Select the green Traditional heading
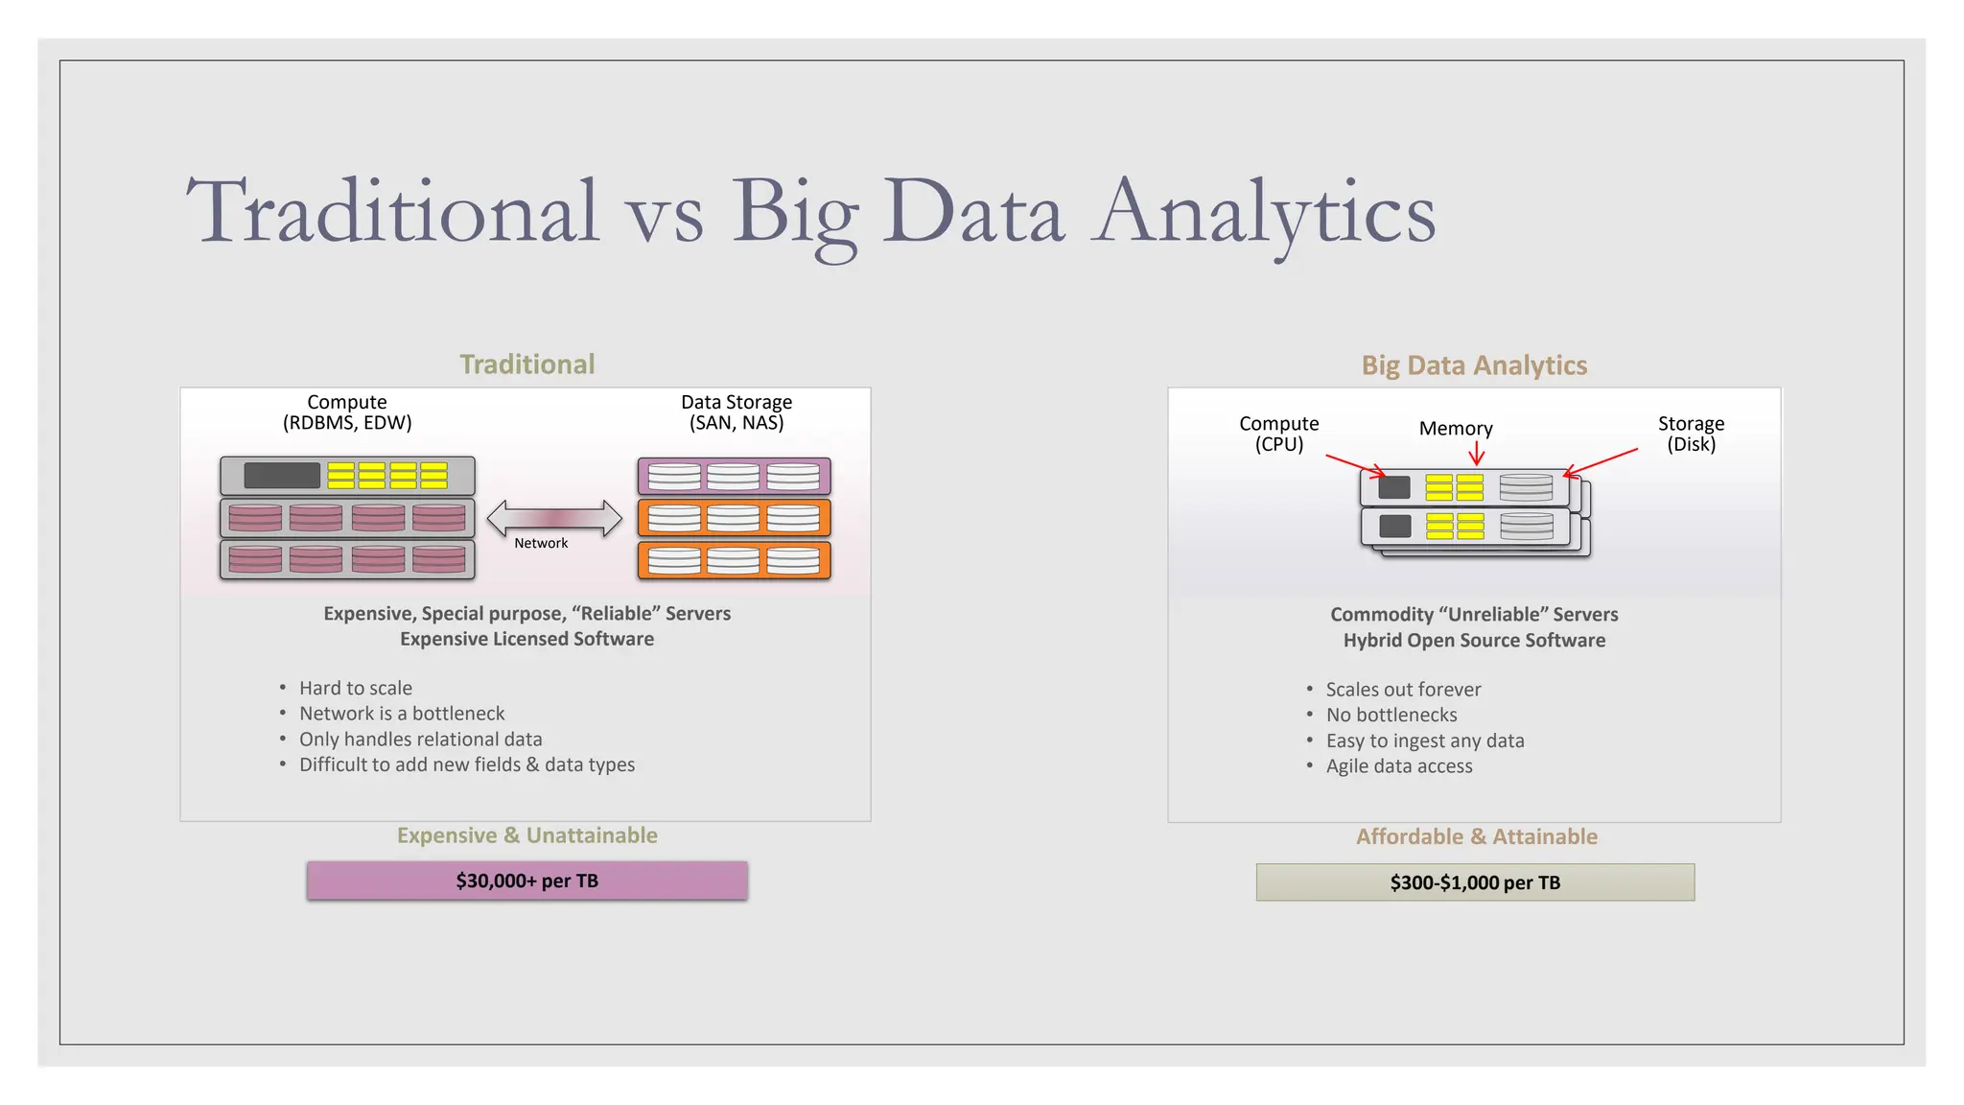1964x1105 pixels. pyautogui.click(x=527, y=364)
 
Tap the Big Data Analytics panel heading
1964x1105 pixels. pyautogui.click(x=1474, y=365)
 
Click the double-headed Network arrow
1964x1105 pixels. pyautogui.click(x=554, y=518)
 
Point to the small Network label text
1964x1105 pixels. pyautogui.click(x=541, y=543)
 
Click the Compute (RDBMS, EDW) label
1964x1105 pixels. pyautogui.click(x=347, y=412)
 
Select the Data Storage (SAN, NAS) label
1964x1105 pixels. pyautogui.click(x=736, y=412)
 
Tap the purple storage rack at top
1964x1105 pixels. pyautogui.click(x=734, y=476)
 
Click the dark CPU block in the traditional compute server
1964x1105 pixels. pyautogui.click(x=282, y=476)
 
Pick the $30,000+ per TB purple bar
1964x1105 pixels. pyautogui.click(x=527, y=881)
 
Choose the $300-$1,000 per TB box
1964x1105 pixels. pyautogui.click(x=1475, y=882)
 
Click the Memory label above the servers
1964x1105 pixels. pyautogui.click(x=1456, y=429)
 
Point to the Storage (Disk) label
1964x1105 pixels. pyautogui.click(x=1691, y=434)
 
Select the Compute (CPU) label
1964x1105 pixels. pyautogui.click(x=1278, y=434)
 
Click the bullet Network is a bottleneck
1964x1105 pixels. pyautogui.click(x=401, y=714)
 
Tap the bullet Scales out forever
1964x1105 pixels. pyautogui.click(x=1403, y=690)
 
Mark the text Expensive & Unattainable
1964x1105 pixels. pyautogui.click(x=527, y=835)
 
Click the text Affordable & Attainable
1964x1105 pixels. pyautogui.click(x=1477, y=836)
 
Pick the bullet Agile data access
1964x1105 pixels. pyautogui.click(x=1399, y=766)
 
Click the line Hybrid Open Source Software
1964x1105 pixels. pyautogui.click(x=1474, y=641)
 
